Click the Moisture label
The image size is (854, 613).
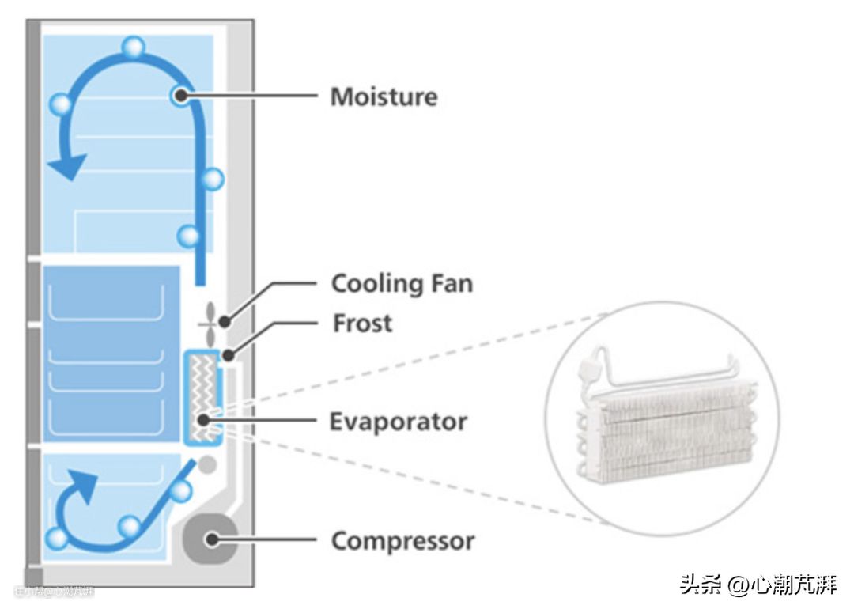384,97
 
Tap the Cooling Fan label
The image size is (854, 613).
402,283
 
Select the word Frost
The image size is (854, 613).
362,324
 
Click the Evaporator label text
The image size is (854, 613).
398,421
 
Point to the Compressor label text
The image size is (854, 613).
402,542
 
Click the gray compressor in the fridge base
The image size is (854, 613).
210,539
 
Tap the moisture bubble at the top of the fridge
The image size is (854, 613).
134,47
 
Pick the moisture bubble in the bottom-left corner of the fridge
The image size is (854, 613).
56,539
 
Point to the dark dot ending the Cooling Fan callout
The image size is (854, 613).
225,321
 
